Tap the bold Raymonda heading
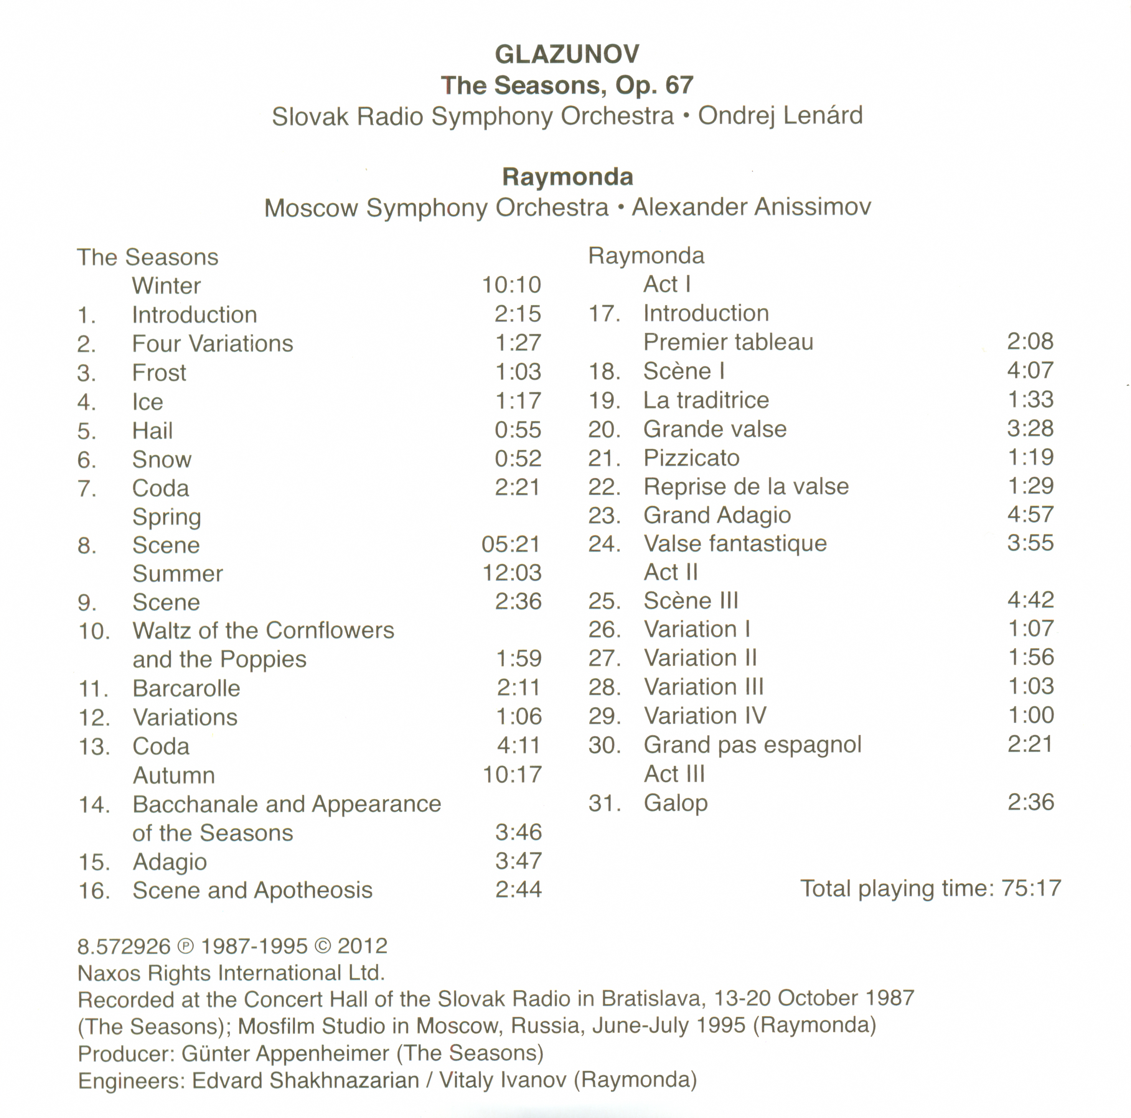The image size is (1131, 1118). (x=567, y=177)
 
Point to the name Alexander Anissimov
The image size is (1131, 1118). (x=751, y=207)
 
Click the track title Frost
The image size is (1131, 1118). (x=159, y=373)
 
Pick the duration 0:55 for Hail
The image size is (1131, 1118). (x=518, y=430)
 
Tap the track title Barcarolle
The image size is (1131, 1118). (x=186, y=688)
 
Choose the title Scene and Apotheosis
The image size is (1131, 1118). (x=252, y=890)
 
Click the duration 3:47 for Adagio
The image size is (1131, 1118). (x=518, y=861)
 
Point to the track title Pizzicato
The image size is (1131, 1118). (x=691, y=458)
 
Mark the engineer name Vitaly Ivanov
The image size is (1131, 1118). (x=503, y=1080)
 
